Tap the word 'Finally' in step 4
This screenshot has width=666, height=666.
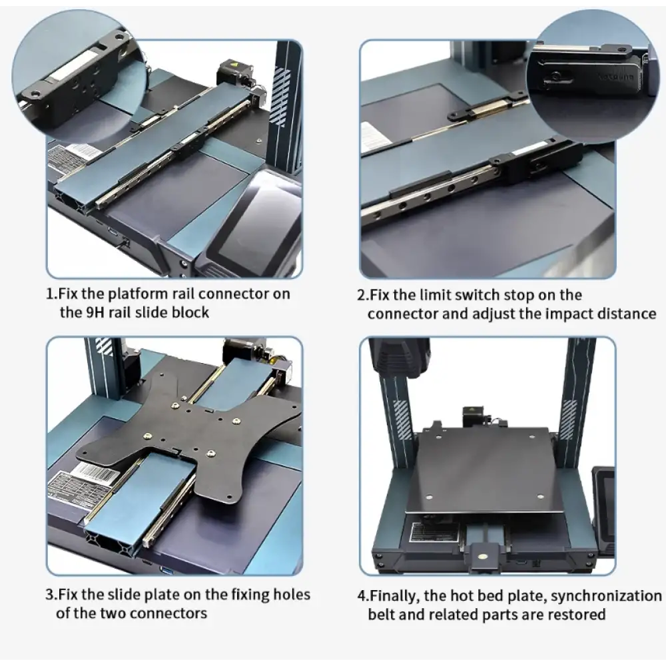(x=390, y=596)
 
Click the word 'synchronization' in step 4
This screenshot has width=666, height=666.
(x=606, y=596)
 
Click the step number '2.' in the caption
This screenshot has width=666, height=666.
(x=362, y=295)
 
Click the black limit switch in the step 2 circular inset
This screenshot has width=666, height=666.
(x=589, y=75)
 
